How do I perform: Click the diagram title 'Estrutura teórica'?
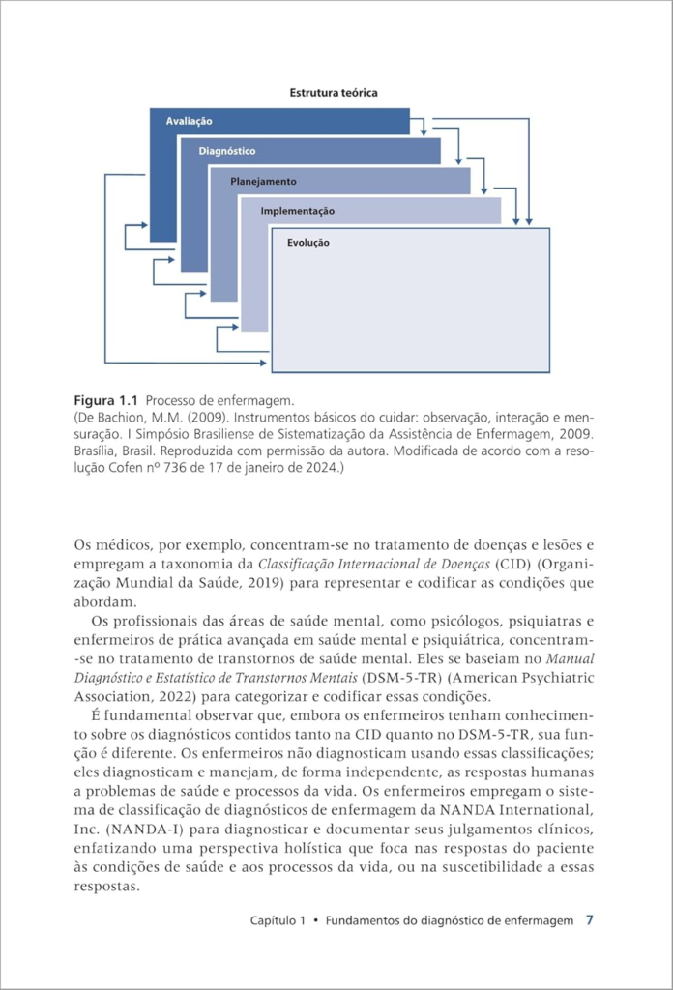click(333, 93)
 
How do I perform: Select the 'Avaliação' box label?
click(189, 122)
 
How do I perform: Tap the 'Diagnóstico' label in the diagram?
click(226, 151)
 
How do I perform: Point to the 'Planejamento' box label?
click(263, 181)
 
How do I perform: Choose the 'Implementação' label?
click(297, 211)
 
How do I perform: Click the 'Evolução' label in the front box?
click(307, 243)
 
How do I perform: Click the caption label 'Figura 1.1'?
click(107, 400)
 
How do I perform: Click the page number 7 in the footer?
click(590, 920)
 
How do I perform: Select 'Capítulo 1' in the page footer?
click(278, 920)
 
